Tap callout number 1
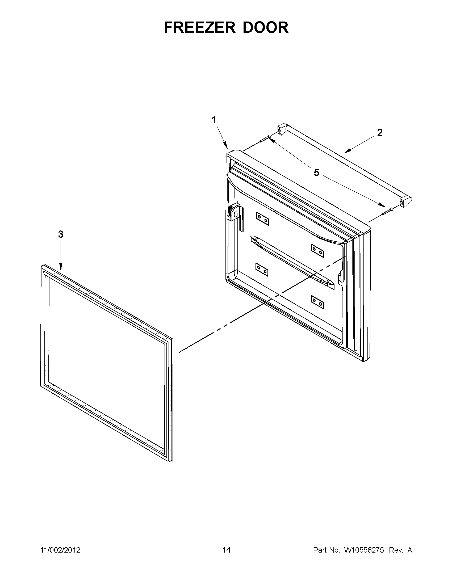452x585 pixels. click(214, 120)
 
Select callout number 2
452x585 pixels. click(380, 133)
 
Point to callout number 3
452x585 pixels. click(61, 234)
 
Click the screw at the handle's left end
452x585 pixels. click(265, 139)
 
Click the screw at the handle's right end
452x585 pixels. click(387, 211)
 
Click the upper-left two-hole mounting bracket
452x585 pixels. click(263, 219)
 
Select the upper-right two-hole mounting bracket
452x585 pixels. click(317, 251)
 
